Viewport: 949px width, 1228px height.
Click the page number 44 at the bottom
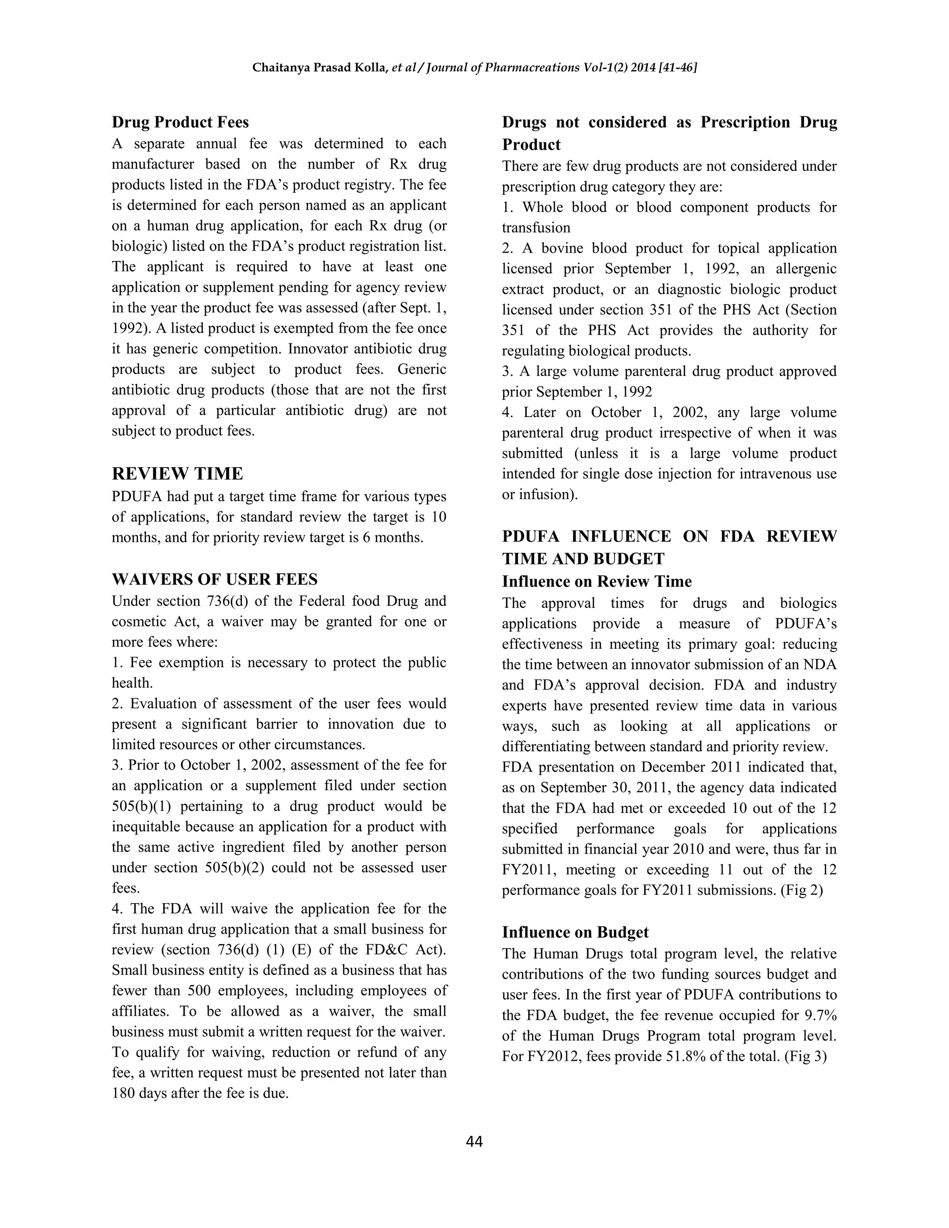[474, 1141]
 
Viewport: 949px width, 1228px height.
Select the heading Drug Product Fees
[180, 122]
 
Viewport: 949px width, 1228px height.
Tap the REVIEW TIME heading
[177, 474]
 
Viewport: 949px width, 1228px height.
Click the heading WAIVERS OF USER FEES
[214, 579]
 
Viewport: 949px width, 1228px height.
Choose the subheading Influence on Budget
[575, 932]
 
